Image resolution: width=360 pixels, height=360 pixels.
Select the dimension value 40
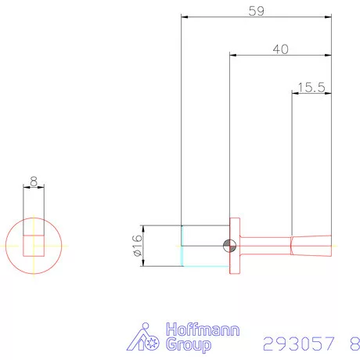pos(280,49)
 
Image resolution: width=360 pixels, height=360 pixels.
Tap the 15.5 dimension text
pos(311,88)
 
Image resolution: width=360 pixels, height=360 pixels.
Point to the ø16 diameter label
pos(135,246)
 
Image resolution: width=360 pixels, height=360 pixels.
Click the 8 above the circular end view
pos(33,181)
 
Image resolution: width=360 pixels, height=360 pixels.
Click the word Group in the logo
pos(185,345)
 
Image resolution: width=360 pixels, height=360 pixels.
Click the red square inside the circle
pos(34,245)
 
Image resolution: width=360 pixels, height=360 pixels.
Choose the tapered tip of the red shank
pos(313,246)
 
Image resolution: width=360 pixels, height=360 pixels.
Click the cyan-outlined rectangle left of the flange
pos(205,246)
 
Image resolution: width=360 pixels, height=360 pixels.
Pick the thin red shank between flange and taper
pos(266,246)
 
